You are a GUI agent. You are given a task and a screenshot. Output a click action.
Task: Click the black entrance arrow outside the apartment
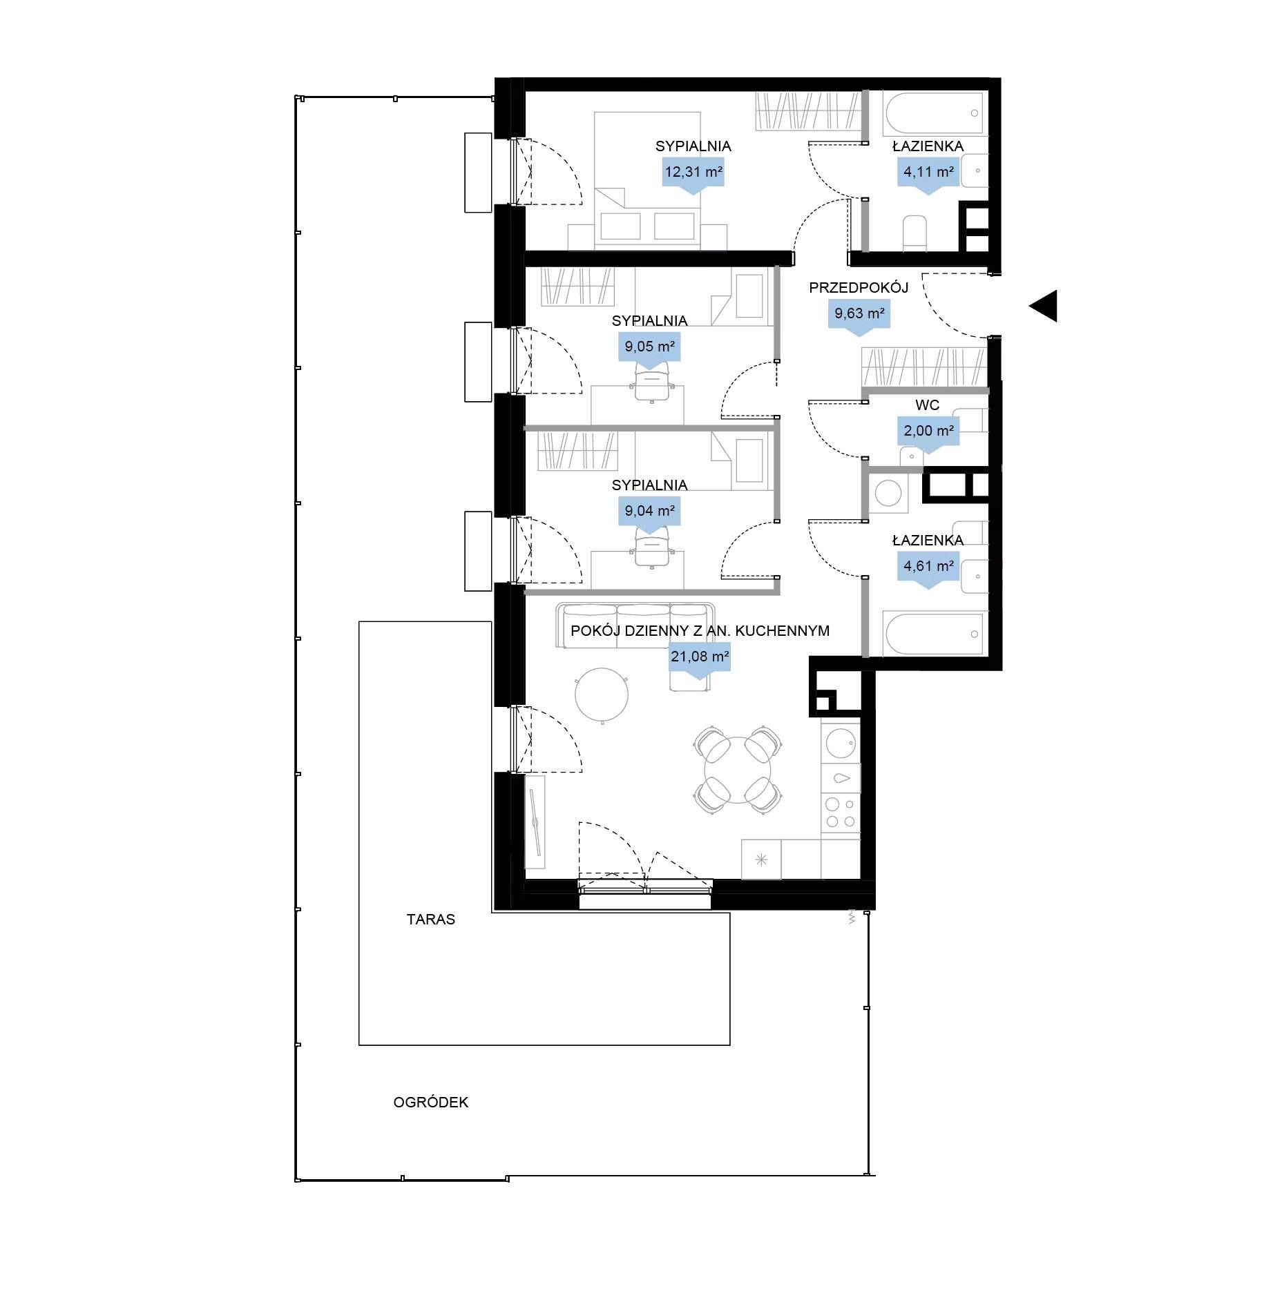coord(1044,306)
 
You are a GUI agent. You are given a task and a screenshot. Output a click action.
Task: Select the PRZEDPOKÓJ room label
coord(859,287)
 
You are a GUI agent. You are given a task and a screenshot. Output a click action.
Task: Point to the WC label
coord(927,405)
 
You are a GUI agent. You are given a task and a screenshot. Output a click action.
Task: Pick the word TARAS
coord(431,920)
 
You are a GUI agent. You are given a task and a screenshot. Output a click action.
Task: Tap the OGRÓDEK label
coord(431,1103)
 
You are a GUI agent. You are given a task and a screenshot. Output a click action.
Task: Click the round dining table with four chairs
coord(738,769)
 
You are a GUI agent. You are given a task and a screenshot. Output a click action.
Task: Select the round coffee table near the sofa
coord(602,695)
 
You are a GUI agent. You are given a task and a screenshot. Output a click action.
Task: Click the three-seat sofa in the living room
coord(636,626)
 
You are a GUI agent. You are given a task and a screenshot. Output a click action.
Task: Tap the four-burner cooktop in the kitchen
coord(841,813)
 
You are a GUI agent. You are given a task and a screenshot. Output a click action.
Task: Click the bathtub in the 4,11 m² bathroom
coord(933,114)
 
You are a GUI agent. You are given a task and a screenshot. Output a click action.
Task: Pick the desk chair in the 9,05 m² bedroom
coord(652,382)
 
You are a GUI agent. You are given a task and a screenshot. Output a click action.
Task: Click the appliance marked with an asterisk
coord(761,860)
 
